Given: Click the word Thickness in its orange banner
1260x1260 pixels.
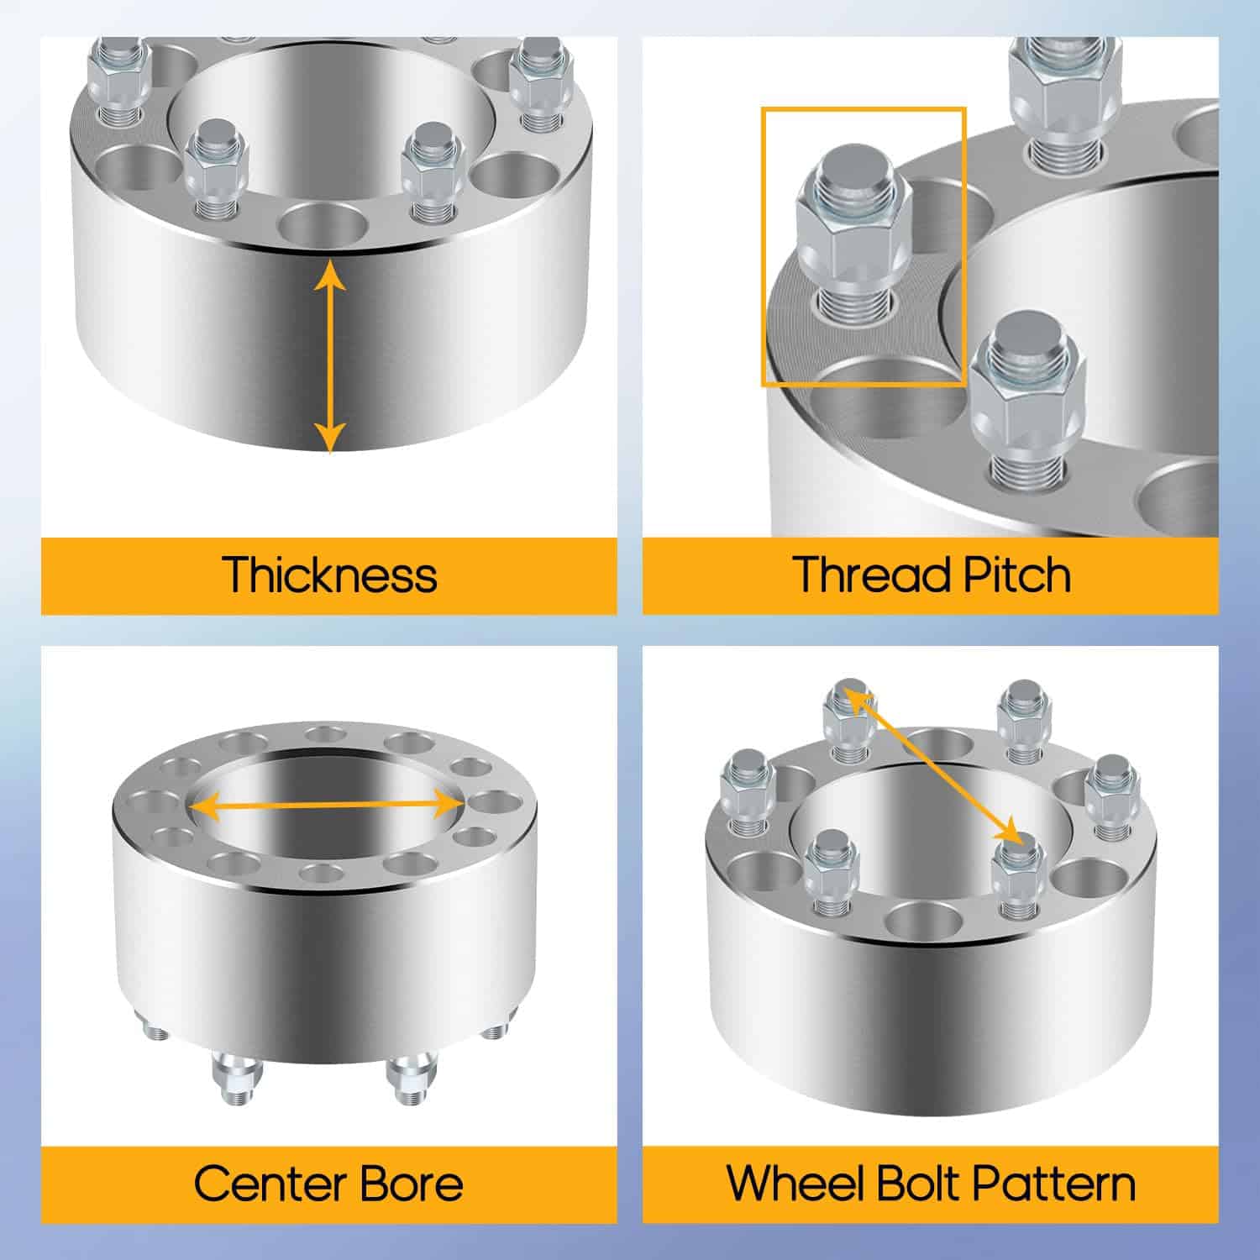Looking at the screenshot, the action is [330, 575].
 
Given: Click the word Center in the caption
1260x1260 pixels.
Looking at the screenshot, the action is [270, 1184].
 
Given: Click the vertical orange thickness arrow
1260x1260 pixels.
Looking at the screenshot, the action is [330, 357].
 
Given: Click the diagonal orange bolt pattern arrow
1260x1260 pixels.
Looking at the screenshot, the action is [934, 766].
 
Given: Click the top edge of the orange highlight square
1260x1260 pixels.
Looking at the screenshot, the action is [864, 108].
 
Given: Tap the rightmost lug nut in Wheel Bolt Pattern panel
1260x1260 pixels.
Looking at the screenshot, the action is [1112, 797].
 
